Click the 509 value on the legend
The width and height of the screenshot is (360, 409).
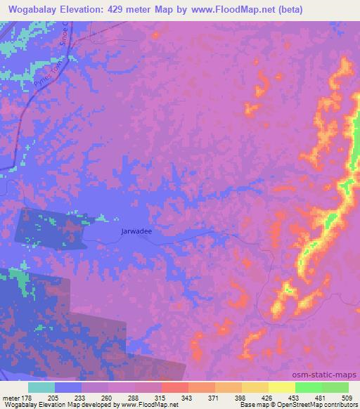click(345, 397)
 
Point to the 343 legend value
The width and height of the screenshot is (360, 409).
click(187, 397)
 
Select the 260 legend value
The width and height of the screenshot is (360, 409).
click(108, 397)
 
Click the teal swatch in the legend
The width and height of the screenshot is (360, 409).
click(41, 387)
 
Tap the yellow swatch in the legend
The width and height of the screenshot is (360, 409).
click(281, 387)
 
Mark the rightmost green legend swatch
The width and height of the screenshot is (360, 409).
click(335, 387)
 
